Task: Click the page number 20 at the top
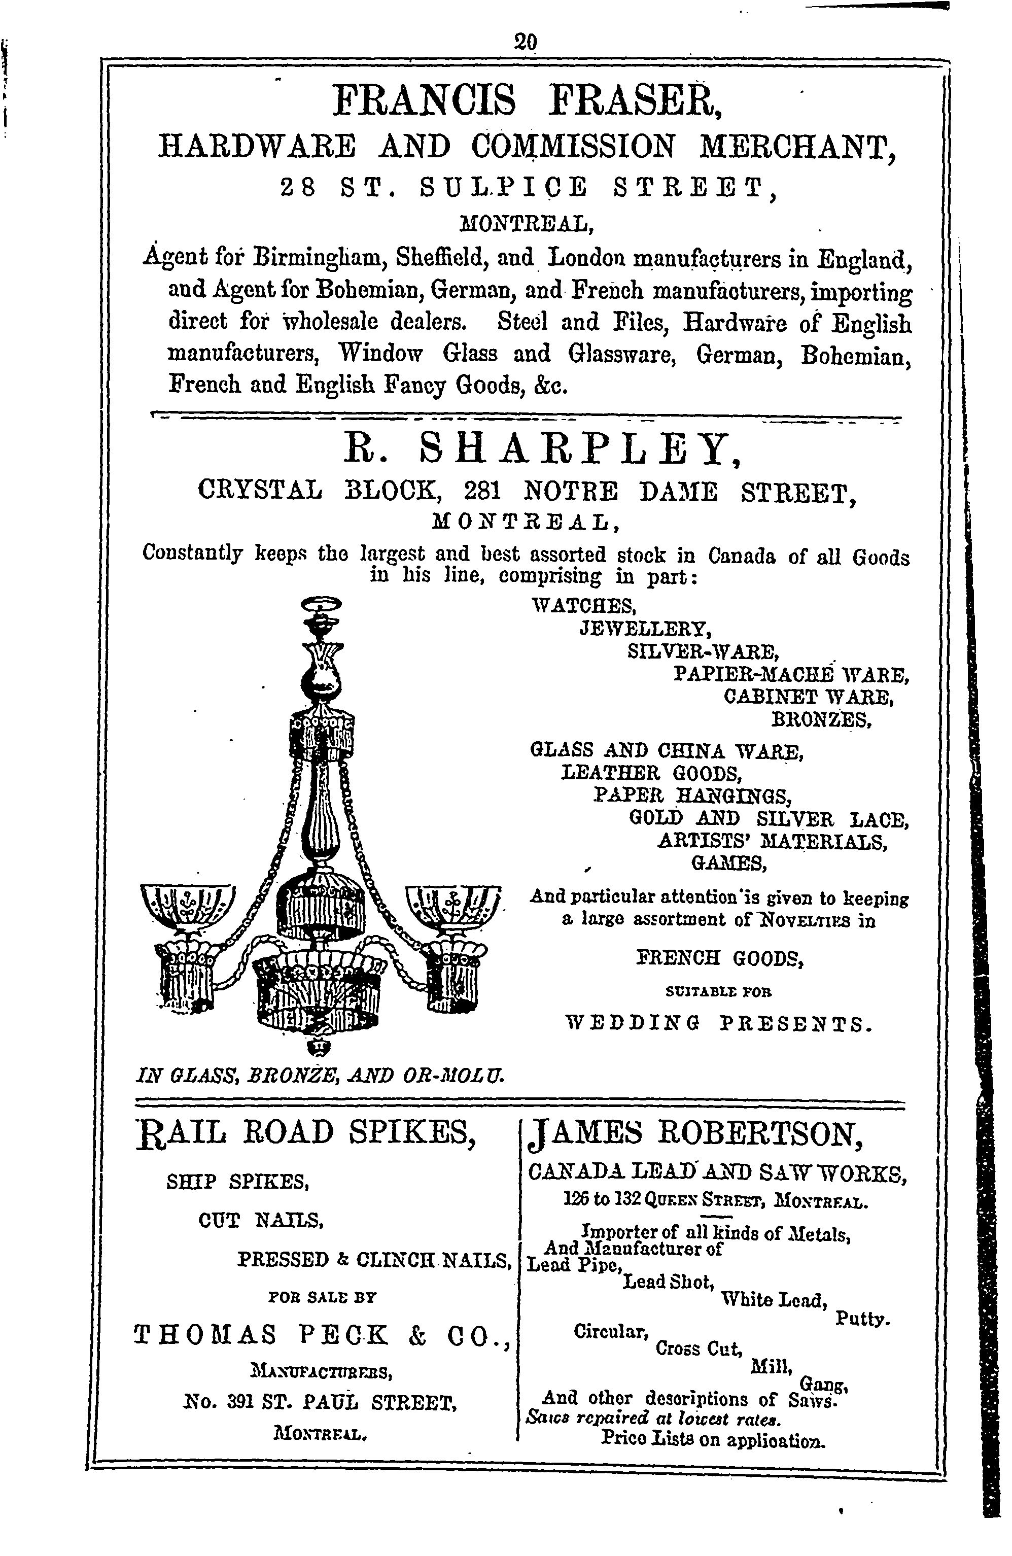click(x=526, y=43)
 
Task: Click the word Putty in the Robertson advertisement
click(x=862, y=1320)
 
